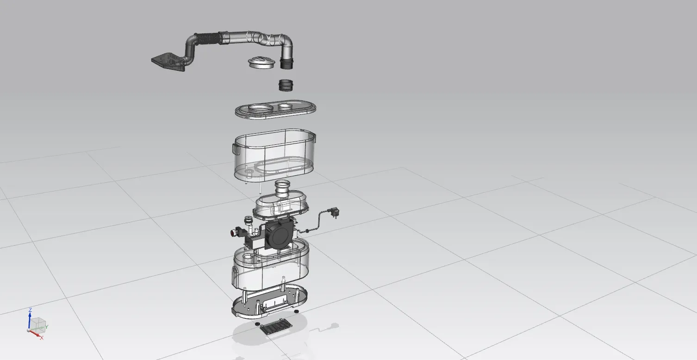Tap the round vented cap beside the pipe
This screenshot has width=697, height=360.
[261, 62]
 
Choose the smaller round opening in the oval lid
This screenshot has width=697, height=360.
[286, 106]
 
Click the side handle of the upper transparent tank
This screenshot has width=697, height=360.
[236, 149]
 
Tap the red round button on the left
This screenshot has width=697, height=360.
[233, 232]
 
